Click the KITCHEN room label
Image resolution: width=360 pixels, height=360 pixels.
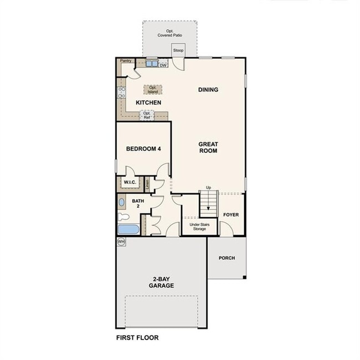(148, 102)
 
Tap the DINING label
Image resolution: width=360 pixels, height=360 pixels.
(208, 90)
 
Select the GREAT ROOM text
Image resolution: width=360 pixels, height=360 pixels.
(208, 147)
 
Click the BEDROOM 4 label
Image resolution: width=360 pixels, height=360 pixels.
(143, 148)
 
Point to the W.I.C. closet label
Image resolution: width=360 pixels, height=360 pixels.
(130, 182)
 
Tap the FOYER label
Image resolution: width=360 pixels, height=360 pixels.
(230, 214)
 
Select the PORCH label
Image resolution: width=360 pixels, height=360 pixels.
(227, 258)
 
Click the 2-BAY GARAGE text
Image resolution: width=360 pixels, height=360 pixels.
(161, 282)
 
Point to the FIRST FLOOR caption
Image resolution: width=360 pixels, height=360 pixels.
(137, 337)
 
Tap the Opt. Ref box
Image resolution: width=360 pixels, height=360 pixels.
(147, 116)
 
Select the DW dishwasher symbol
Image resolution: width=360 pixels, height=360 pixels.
(163, 65)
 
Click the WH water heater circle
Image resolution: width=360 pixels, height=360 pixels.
(121, 241)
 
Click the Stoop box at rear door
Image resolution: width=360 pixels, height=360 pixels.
(178, 50)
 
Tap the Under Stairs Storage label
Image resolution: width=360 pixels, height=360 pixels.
(198, 227)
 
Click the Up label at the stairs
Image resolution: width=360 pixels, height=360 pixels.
(208, 188)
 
